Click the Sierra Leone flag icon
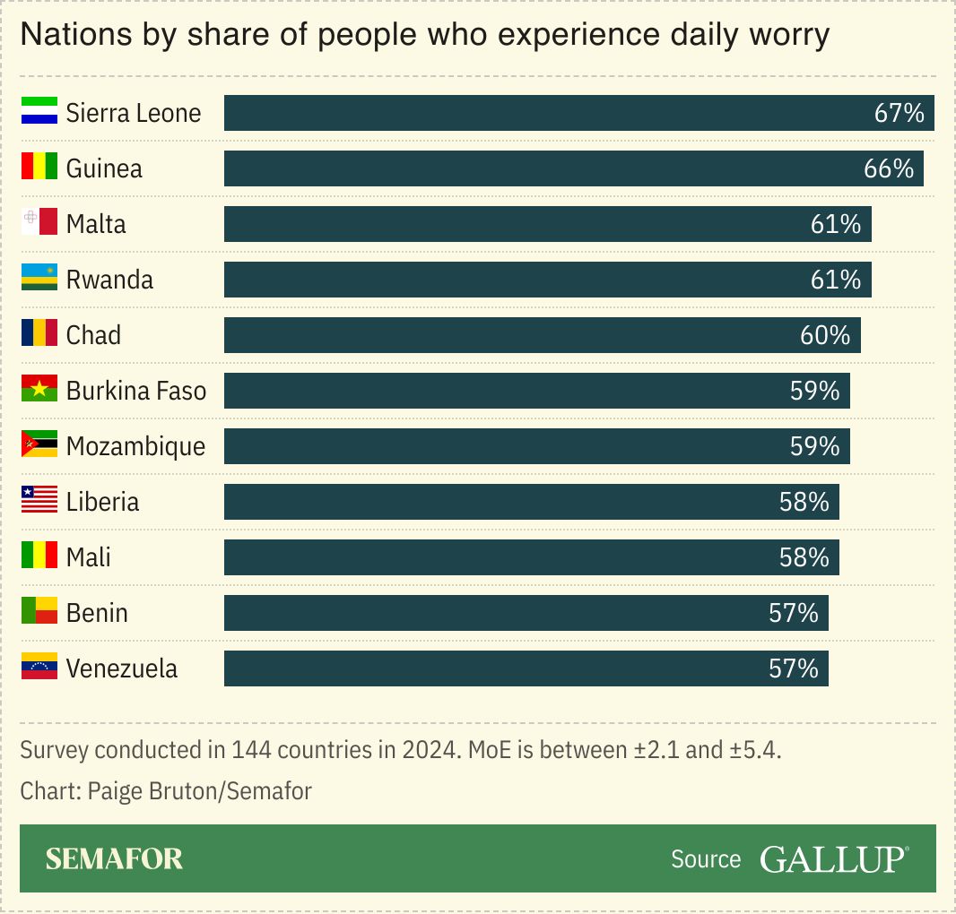(39, 112)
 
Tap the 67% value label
(899, 113)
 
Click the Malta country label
(96, 224)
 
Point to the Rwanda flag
(39, 279)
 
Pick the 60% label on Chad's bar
(824, 335)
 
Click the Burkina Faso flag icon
(39, 390)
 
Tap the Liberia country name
(102, 502)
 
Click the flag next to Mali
(39, 556)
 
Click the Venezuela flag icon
(39, 668)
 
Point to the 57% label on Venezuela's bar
(793, 668)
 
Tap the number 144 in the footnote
(250, 750)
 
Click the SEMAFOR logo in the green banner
(114, 858)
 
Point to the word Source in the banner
(706, 859)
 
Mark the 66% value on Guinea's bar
(888, 168)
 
